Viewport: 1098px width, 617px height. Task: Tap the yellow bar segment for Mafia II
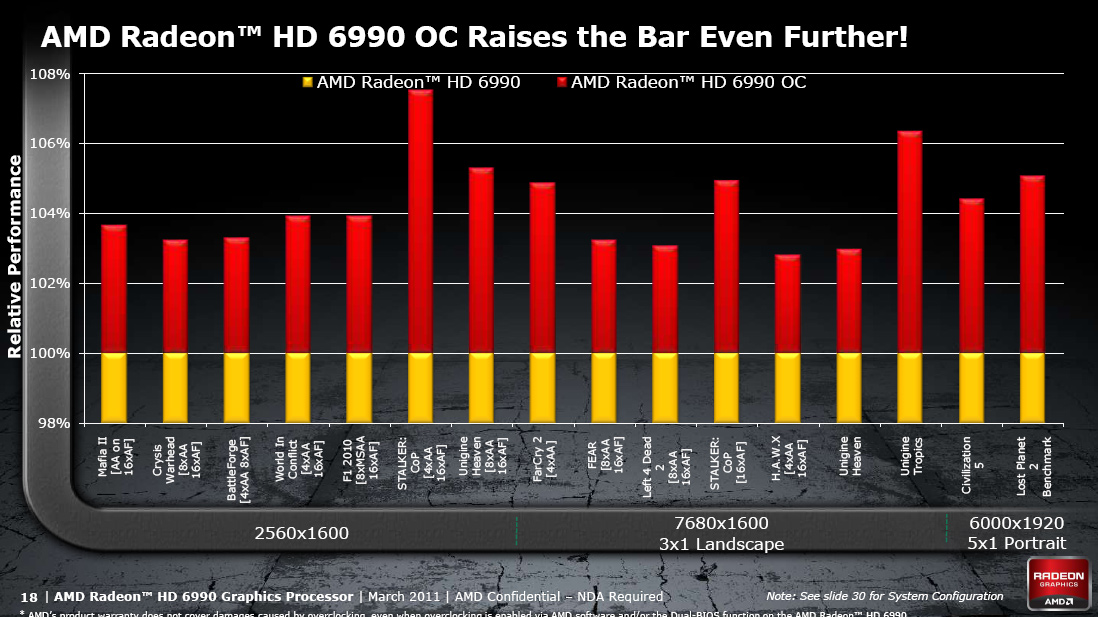point(114,387)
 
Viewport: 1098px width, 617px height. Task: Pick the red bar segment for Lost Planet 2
point(1032,264)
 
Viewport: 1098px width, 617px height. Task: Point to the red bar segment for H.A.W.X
point(787,304)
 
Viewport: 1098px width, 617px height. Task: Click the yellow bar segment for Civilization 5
point(971,387)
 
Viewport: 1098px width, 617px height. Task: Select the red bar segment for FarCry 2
point(542,268)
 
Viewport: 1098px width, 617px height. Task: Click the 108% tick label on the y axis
point(49,74)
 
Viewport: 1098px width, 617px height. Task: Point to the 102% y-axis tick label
point(49,284)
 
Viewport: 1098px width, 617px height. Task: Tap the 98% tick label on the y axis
point(53,424)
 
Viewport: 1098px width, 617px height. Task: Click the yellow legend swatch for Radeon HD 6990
point(308,83)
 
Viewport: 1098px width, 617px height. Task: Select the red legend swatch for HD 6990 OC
point(562,83)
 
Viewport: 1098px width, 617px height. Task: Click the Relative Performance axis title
point(15,256)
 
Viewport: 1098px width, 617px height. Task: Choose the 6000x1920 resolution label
point(1016,523)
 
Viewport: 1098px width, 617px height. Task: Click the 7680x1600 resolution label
point(720,523)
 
